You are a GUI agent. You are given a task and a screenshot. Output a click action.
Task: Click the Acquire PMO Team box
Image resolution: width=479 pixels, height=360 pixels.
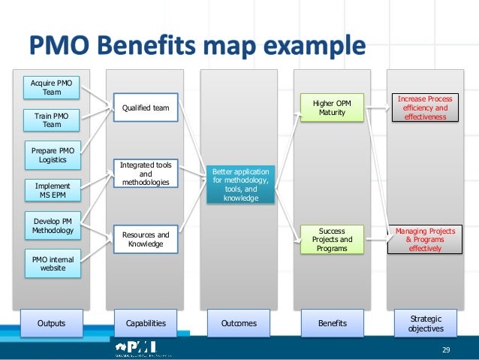point(53,87)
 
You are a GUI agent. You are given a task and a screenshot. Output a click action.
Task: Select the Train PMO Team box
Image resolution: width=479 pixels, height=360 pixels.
point(53,119)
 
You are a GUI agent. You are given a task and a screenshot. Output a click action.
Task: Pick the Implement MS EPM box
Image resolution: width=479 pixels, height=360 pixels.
point(53,191)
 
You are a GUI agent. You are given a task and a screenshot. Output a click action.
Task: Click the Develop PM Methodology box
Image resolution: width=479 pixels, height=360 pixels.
point(53,225)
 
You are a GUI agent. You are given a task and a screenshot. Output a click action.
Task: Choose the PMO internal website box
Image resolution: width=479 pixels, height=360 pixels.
point(53,263)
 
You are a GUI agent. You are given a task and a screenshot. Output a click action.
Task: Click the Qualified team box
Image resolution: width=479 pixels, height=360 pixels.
point(146,108)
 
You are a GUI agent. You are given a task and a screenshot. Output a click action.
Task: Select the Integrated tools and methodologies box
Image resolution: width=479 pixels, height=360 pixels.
point(146,174)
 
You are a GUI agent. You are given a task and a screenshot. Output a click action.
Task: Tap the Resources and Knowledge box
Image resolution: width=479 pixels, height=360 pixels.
point(146,239)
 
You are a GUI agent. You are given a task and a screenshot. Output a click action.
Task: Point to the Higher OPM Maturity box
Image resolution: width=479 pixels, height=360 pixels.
point(331,108)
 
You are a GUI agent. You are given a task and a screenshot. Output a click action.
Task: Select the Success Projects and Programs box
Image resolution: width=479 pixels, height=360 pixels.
point(331,239)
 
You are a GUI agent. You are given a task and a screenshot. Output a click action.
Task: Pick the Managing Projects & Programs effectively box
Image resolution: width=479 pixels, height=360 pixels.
point(425,239)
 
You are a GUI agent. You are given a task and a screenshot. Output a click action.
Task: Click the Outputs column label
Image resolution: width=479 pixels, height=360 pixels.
point(52,323)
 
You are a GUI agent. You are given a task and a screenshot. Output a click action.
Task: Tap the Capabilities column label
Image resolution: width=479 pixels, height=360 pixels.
point(146,323)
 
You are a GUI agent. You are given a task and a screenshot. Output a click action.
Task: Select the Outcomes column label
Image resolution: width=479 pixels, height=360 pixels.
point(239,323)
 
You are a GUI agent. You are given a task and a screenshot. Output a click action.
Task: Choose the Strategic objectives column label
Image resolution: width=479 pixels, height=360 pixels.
point(426,323)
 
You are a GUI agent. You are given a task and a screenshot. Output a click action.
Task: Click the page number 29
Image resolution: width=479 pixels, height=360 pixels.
point(446,350)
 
